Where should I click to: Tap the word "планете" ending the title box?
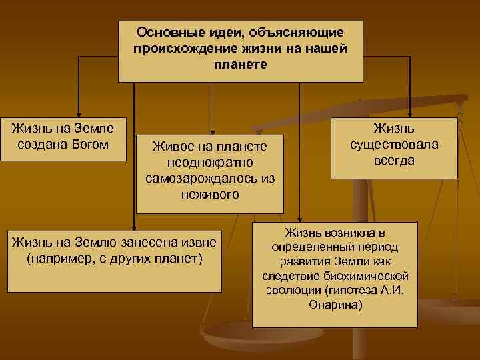coord(241,65)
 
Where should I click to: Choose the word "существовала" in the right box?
coord(394,144)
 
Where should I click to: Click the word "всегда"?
coord(394,160)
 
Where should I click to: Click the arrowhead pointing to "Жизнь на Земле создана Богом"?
coord(79,113)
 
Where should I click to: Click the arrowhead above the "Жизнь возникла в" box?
coord(299,218)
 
